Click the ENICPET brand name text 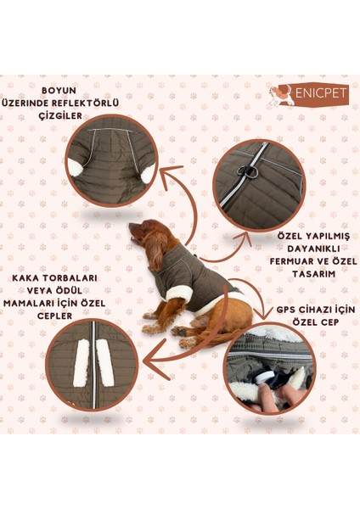click(321, 93)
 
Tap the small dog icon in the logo click(281, 94)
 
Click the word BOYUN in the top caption click(59, 90)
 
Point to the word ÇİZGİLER click(60, 115)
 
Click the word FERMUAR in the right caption click(293, 261)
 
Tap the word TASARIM click(313, 274)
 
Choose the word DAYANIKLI click(313, 249)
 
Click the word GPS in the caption click(285, 310)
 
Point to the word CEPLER click(54, 316)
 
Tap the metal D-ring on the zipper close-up click(248, 171)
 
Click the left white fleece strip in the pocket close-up click(82, 362)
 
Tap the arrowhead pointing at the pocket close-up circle click(156, 360)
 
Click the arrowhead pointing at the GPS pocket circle click(264, 314)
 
